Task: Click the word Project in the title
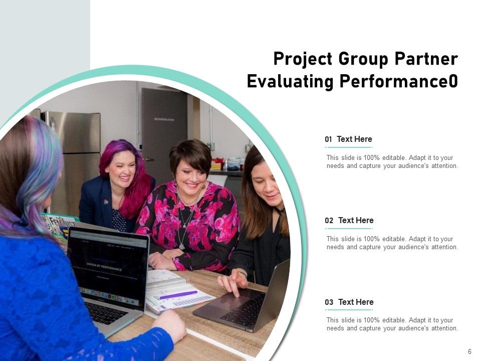303,59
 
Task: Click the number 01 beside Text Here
329,139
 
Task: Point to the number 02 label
329,221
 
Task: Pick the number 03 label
329,302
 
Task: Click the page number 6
469,351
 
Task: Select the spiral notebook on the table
175,291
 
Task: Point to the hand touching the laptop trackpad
233,283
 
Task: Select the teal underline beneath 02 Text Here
349,229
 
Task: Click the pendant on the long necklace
181,246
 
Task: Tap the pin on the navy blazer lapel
106,202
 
